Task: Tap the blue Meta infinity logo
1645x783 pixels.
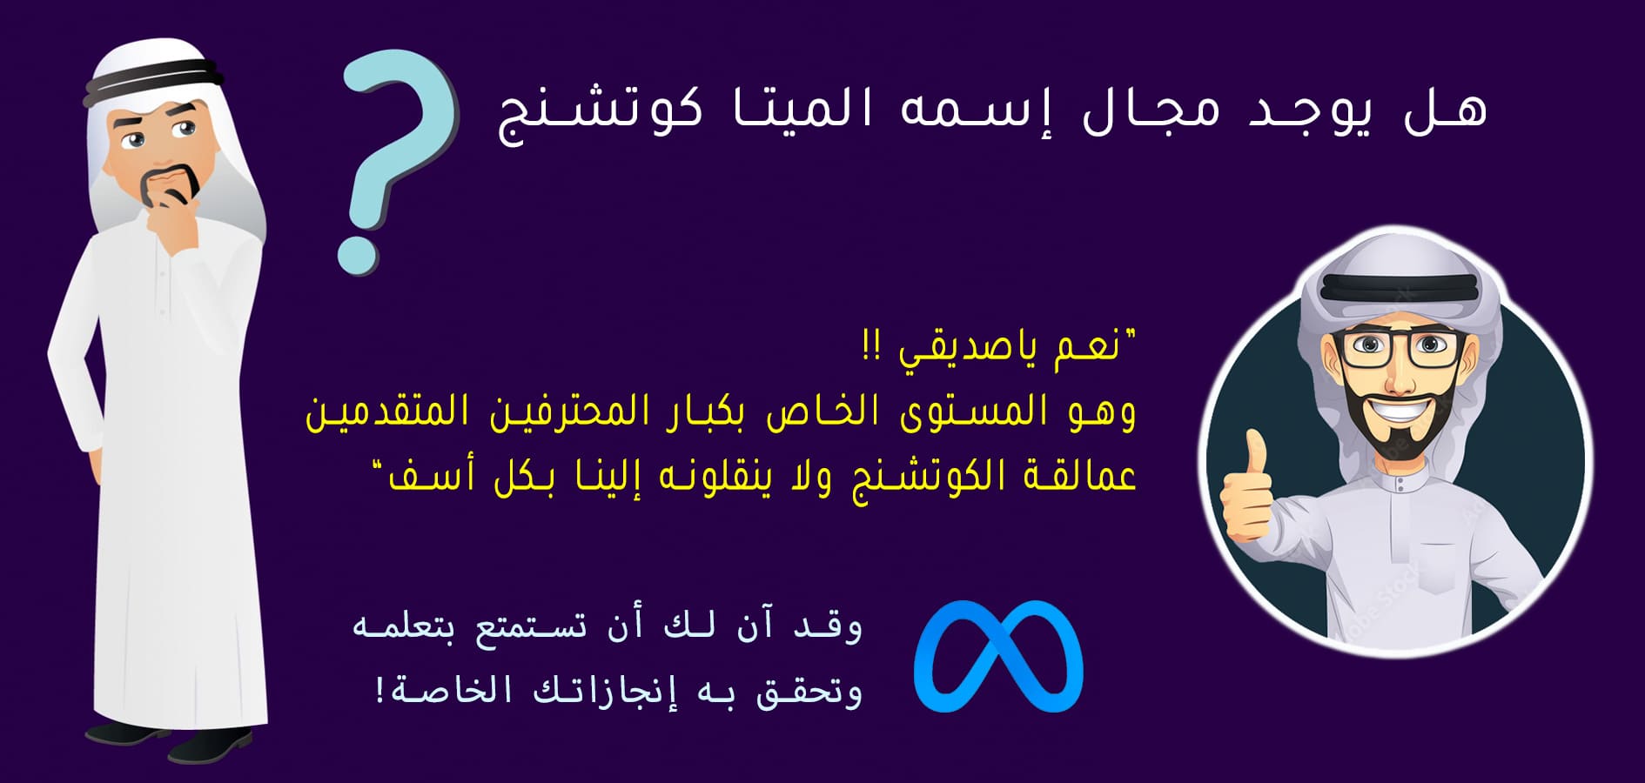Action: (x=997, y=656)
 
